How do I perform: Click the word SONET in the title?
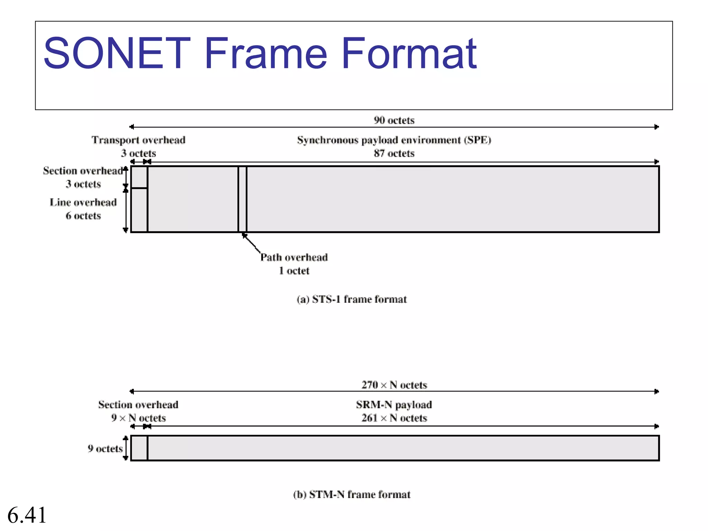tap(117, 54)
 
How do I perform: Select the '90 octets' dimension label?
tap(394, 120)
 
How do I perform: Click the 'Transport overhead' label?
tap(138, 140)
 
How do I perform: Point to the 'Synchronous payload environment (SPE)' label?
tap(394, 140)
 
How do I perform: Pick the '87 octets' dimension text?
tap(394, 153)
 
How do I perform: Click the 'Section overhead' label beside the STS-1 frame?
tap(83, 171)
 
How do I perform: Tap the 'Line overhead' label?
tap(83, 202)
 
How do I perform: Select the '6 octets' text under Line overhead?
tap(83, 216)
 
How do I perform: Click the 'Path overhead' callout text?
tap(294, 257)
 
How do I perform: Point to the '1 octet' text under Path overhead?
tap(294, 271)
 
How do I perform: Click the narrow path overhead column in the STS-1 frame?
tap(242, 199)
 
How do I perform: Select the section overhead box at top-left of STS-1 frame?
tap(139, 177)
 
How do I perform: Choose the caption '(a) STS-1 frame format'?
tap(352, 299)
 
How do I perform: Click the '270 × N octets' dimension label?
tap(394, 385)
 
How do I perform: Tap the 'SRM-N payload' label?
tap(394, 404)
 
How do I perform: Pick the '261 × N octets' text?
tap(394, 418)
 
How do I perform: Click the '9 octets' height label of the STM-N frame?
tap(105, 448)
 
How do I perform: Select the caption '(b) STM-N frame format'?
tap(352, 494)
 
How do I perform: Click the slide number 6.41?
tap(27, 515)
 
